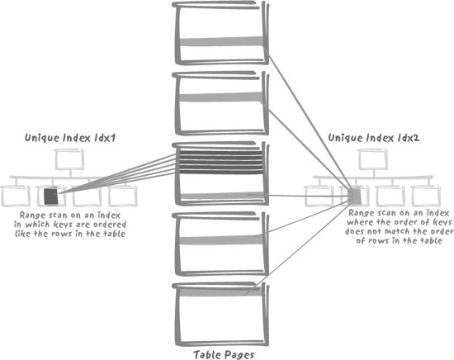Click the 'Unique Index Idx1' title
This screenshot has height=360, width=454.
coord(70,138)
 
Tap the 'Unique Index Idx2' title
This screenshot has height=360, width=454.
coord(373,138)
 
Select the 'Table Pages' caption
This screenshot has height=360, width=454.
coord(224,355)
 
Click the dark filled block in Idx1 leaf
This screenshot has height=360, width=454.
coord(51,197)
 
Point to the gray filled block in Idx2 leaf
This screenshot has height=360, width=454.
coord(356,196)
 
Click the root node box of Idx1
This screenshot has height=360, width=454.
coord(69,159)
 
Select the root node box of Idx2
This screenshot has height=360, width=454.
coord(372,159)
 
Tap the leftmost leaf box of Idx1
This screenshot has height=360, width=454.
coord(16,196)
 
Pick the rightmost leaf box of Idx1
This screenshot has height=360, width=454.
coord(123,196)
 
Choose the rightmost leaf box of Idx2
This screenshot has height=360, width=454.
coord(426,196)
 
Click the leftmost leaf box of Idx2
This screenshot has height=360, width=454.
coord(319,196)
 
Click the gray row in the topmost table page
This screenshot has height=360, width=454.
coord(221,41)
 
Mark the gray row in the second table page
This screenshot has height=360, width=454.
coord(221,97)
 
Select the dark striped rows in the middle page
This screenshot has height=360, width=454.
coord(221,162)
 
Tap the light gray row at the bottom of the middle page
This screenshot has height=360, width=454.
coord(222,196)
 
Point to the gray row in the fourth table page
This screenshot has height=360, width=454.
coord(221,239)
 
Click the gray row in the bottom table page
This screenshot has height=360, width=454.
coord(220,292)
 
